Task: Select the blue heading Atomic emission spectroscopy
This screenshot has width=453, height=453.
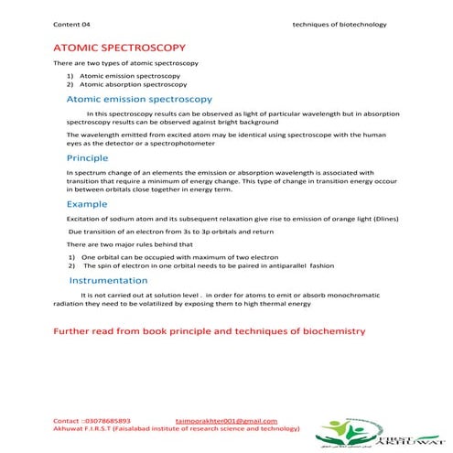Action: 140,98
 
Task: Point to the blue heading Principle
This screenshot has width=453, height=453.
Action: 88,157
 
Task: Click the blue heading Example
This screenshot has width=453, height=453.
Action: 87,203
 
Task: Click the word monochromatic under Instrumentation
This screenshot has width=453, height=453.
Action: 354,296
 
